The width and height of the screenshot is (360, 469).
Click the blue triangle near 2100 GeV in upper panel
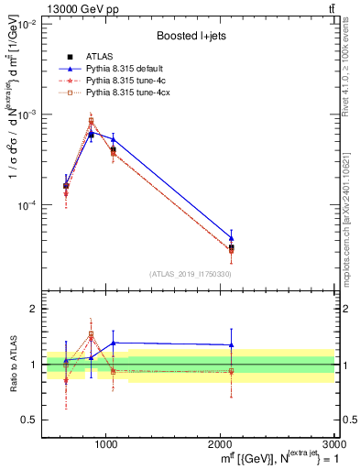click(232, 238)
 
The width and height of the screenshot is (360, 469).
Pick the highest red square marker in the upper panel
click(91, 121)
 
